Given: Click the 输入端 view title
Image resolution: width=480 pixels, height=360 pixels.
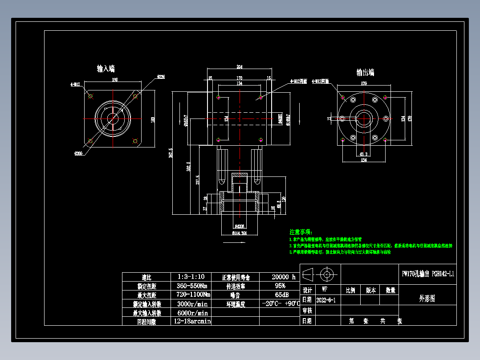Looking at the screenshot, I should pyautogui.click(x=106, y=69).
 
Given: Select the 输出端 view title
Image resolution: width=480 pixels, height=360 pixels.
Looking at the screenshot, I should pyautogui.click(x=365, y=72).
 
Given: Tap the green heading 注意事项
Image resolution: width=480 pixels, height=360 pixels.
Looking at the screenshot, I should pyautogui.click(x=301, y=232).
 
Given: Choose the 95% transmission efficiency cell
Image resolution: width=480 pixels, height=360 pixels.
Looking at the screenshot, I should pyautogui.click(x=280, y=286).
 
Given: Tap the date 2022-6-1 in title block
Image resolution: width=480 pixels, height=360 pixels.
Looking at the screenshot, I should pyautogui.click(x=325, y=300).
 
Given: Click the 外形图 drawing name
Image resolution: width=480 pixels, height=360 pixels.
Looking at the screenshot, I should pyautogui.click(x=427, y=299).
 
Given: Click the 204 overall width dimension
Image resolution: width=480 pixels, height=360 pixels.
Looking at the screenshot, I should pyautogui.click(x=240, y=67).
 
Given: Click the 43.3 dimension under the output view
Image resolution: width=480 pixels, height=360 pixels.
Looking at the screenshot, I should pyautogui.click(x=363, y=154).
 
